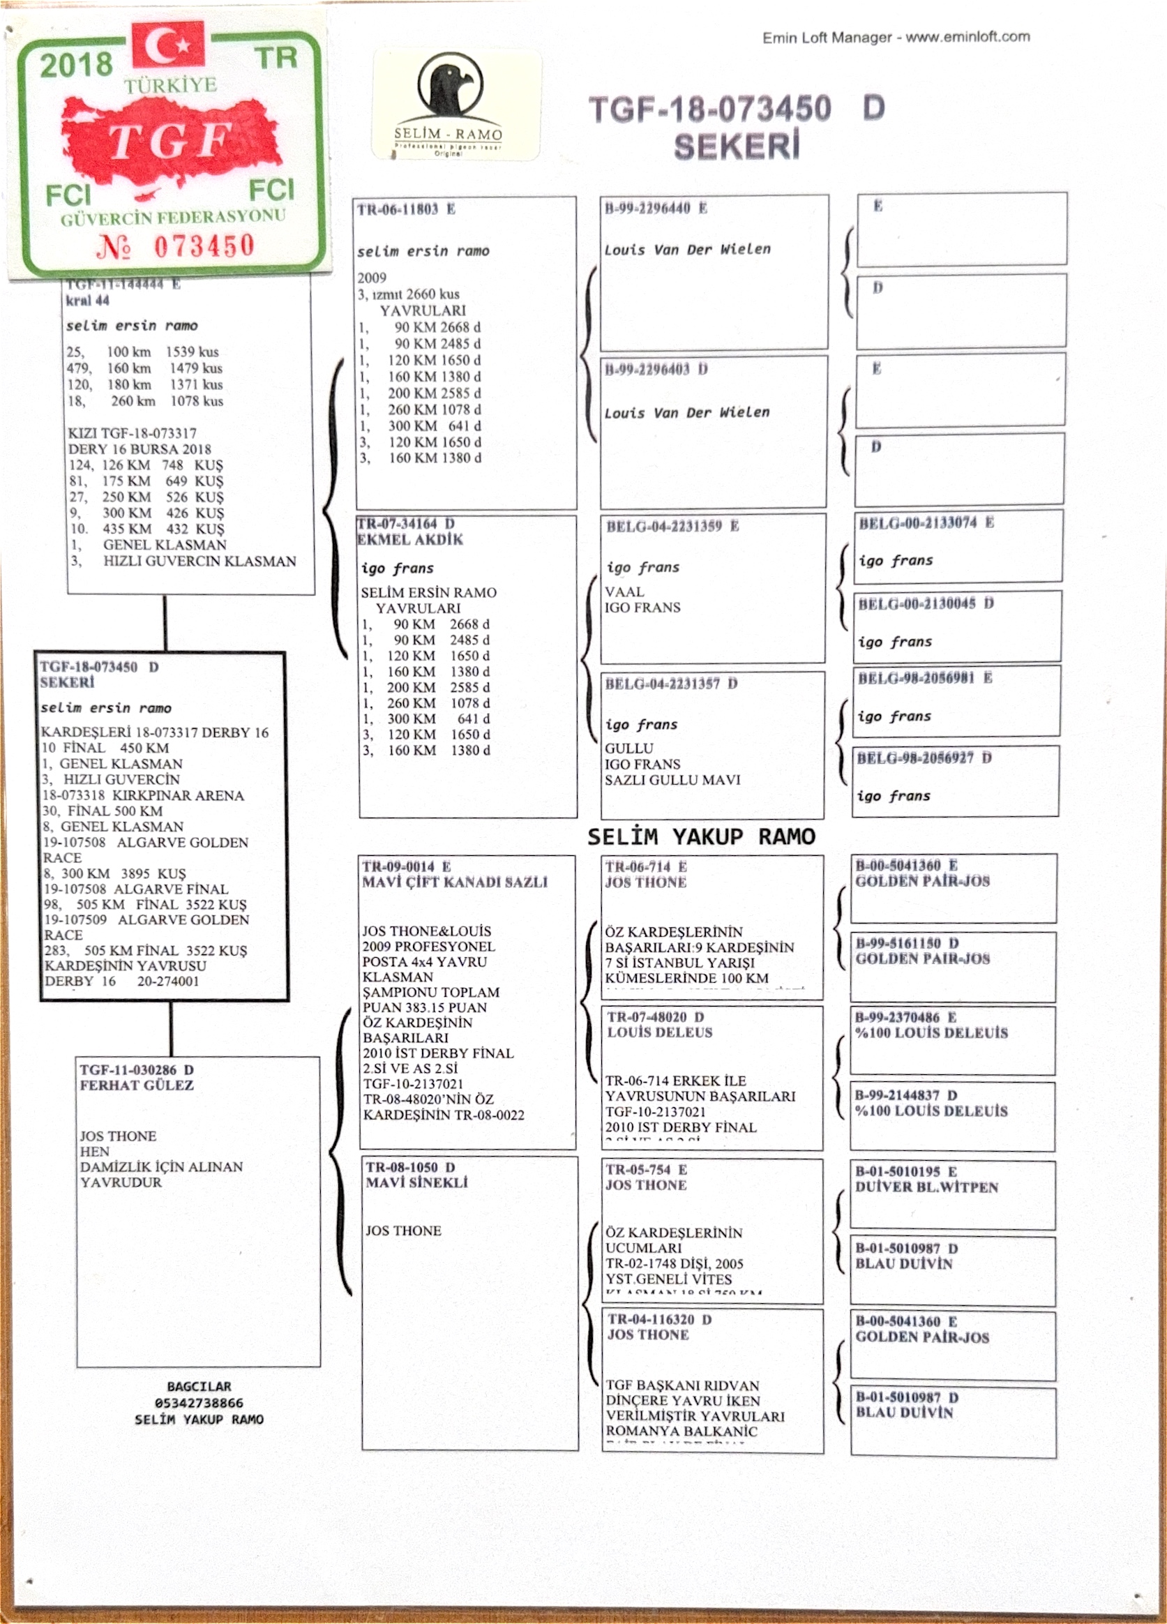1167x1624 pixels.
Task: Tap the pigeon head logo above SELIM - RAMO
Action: click(447, 85)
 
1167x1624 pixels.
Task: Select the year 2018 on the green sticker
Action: click(76, 65)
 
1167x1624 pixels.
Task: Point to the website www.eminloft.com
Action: click(968, 36)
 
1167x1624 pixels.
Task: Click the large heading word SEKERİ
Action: click(736, 146)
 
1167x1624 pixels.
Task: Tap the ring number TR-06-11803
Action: click(398, 209)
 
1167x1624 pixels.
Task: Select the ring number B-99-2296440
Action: click(647, 209)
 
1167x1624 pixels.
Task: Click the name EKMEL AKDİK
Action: click(410, 540)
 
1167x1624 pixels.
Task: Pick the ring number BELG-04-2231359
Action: click(663, 526)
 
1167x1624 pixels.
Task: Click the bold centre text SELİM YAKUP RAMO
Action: click(701, 836)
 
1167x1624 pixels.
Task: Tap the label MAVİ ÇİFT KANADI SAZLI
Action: click(455, 882)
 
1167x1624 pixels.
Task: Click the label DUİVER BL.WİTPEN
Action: click(926, 1187)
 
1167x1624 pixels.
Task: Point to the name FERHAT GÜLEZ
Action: click(137, 1085)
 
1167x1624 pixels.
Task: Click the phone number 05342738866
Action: click(199, 1403)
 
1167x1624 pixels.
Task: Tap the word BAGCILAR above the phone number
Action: click(199, 1386)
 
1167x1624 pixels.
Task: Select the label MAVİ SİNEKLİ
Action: click(416, 1182)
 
